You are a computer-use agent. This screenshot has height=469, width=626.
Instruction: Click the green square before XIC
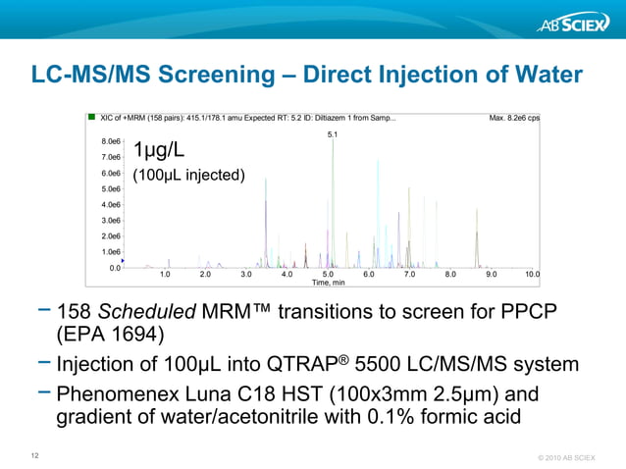pos(91,118)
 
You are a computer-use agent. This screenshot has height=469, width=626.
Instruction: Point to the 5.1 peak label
pos(332,133)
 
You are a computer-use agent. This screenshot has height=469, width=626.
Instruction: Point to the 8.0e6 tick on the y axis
pos(111,141)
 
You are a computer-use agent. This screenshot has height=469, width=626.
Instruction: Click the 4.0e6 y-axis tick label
pos(111,204)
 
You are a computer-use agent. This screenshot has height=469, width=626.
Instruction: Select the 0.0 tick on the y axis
pos(115,267)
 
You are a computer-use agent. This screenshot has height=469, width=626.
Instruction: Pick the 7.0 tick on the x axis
pos(409,275)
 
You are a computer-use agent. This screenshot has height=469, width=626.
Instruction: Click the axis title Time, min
pos(328,283)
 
